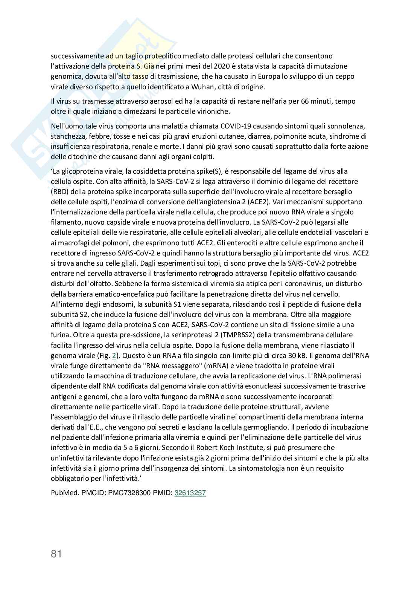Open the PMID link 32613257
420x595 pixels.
(190, 493)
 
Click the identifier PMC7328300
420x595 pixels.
(129, 493)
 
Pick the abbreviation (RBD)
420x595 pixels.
(60, 191)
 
